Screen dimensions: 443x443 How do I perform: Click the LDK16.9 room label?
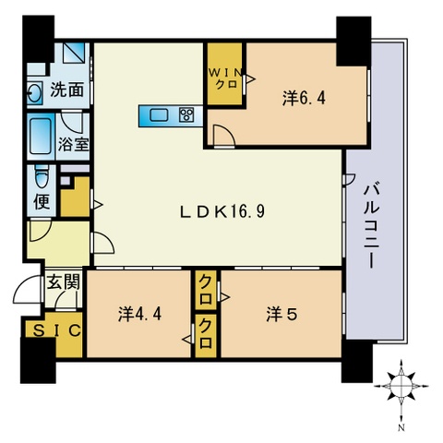click(222, 211)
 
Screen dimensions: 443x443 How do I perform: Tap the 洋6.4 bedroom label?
click(304, 99)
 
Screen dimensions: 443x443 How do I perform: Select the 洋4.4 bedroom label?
click(139, 315)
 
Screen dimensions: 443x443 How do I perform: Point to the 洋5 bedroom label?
click(281, 316)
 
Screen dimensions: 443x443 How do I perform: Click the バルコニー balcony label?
click(372, 226)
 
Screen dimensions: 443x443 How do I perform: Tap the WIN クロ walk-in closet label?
click(225, 78)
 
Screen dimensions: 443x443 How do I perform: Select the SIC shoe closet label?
click(57, 330)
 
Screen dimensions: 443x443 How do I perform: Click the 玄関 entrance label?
click(64, 281)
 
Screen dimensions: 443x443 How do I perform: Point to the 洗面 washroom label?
click(67, 90)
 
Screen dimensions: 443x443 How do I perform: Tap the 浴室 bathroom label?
click(74, 144)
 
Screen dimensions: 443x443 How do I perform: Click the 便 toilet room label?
click(42, 201)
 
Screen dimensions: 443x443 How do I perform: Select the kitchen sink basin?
click(159, 115)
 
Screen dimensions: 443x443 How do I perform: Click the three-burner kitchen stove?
click(186, 115)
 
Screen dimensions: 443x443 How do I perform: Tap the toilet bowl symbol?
click(42, 176)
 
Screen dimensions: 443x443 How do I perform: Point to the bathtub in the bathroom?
click(42, 137)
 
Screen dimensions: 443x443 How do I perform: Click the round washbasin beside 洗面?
click(33, 92)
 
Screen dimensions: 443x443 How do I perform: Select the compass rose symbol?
click(401, 386)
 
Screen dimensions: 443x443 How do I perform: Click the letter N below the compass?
click(401, 427)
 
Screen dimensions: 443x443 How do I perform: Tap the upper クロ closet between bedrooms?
click(206, 290)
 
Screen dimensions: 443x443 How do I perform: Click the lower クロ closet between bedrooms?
click(206, 334)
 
